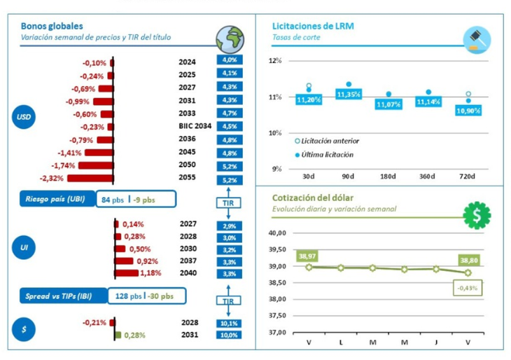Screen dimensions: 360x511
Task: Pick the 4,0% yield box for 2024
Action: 229,61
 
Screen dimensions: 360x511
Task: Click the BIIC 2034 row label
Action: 193,127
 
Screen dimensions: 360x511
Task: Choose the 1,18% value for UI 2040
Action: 149,273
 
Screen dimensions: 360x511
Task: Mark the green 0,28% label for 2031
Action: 135,335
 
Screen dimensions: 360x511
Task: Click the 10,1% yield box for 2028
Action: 229,323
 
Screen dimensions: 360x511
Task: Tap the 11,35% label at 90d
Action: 349,94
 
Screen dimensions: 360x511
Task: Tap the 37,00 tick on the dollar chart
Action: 279,332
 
